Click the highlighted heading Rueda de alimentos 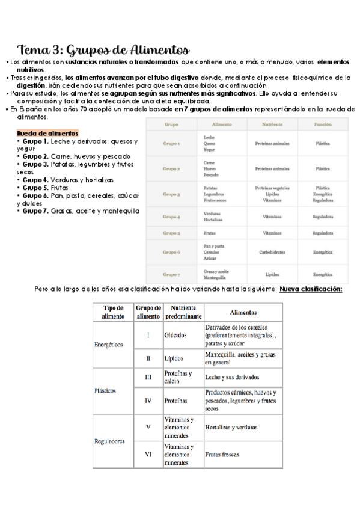[x=47, y=133]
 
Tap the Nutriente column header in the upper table [x=273, y=124]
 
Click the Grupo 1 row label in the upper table [x=172, y=144]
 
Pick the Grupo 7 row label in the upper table [x=172, y=274]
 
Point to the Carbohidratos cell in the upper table [x=273, y=253]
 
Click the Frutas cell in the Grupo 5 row [x=210, y=232]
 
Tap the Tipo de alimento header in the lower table [x=113, y=311]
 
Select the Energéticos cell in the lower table [x=109, y=345]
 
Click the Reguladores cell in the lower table [x=109, y=441]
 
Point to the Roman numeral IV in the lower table [x=148, y=399]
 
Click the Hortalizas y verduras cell [x=231, y=427]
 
